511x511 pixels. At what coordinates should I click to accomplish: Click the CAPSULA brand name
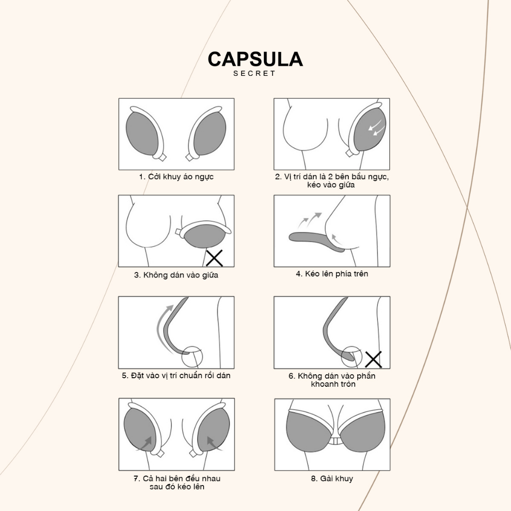pyautogui.click(x=255, y=59)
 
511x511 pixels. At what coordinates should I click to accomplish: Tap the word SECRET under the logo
pyautogui.click(x=255, y=74)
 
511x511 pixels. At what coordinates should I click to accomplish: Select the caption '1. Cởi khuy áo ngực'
pyautogui.click(x=176, y=177)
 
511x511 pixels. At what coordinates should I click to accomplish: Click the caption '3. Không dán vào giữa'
pyautogui.click(x=176, y=275)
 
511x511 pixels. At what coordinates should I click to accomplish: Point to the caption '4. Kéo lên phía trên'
pyautogui.click(x=332, y=274)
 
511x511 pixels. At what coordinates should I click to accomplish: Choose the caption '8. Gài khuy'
pyautogui.click(x=332, y=479)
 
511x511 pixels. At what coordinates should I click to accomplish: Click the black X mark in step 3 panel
pyautogui.click(x=215, y=258)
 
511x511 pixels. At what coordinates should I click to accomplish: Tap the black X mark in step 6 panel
pyautogui.click(x=373, y=359)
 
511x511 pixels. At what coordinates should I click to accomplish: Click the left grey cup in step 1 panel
pyautogui.click(x=142, y=134)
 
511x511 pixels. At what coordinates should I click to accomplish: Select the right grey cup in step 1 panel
pyautogui.click(x=210, y=134)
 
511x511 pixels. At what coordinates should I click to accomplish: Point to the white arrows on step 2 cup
pyautogui.click(x=376, y=127)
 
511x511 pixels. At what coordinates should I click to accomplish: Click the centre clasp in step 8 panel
pyautogui.click(x=334, y=441)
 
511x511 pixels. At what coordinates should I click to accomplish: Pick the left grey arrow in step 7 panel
pyautogui.click(x=146, y=443)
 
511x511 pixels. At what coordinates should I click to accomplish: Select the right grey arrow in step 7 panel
pyautogui.click(x=214, y=443)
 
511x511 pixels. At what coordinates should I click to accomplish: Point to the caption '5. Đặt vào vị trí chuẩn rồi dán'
pyautogui.click(x=176, y=375)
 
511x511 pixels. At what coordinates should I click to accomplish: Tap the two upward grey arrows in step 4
pyautogui.click(x=310, y=220)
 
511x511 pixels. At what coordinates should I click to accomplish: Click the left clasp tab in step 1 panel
pyautogui.click(x=160, y=157)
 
